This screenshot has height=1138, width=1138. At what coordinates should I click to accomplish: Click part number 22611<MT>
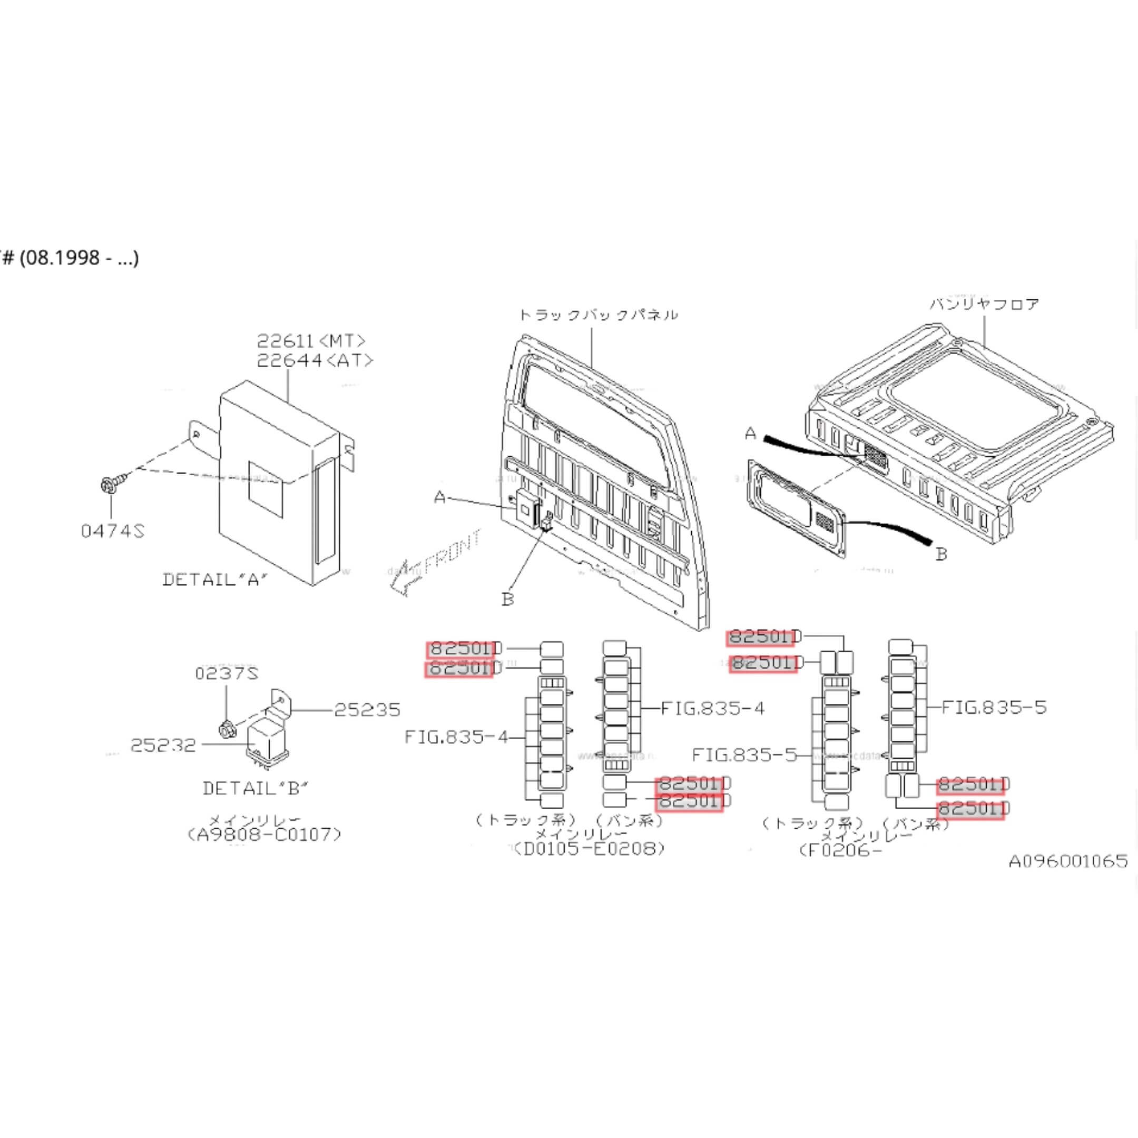311,341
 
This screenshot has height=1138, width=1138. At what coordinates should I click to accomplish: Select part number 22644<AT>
315,360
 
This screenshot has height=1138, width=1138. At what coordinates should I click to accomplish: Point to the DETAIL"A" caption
215,580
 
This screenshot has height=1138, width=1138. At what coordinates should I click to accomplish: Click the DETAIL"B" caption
255,788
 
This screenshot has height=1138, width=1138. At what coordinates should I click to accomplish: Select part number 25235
367,710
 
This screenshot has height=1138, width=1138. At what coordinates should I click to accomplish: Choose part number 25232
163,745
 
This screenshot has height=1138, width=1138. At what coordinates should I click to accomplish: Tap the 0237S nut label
226,673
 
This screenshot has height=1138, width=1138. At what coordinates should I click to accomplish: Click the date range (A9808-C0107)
264,834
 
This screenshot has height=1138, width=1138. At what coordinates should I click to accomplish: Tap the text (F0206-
839,850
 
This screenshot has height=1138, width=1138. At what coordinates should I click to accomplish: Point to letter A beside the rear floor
750,434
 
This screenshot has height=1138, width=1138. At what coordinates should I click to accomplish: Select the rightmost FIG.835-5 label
994,707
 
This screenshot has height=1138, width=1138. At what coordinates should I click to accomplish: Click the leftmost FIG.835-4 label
456,737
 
